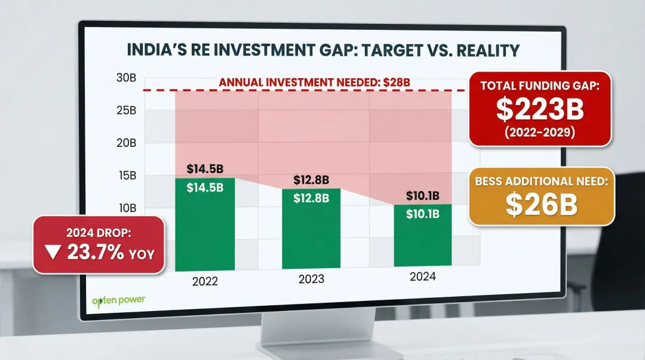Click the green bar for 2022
205,227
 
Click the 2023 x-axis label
311,279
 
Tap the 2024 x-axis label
423,276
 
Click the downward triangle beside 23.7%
53,253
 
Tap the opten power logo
118,301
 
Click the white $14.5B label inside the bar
205,187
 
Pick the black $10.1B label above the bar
423,196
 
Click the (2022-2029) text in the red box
540,133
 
